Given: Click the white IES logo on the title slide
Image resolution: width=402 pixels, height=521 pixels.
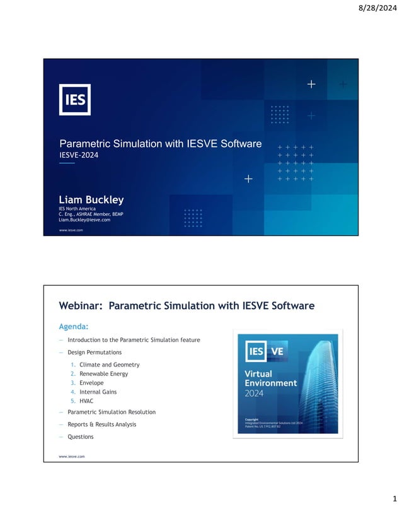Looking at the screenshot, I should (74, 100).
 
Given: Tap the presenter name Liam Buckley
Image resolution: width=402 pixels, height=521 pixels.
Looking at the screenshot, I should (91, 200).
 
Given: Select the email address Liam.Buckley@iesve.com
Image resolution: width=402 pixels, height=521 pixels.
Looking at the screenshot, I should (84, 220).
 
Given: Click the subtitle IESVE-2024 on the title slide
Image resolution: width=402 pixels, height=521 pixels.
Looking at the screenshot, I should (79, 155).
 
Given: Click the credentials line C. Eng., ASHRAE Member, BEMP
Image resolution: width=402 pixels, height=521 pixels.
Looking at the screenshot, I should (91, 214).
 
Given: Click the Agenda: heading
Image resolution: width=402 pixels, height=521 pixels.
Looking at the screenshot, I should (73, 326).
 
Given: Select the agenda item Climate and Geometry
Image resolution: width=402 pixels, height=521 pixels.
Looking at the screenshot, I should (109, 365).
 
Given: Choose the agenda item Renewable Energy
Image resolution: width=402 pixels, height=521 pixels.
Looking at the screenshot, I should (103, 373).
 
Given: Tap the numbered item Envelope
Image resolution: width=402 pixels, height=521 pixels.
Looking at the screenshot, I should (91, 383).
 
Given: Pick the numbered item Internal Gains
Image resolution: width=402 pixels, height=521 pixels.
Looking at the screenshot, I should (98, 392).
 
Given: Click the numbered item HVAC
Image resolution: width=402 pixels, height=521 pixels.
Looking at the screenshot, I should (87, 401).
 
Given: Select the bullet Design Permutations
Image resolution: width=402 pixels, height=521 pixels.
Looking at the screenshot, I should (95, 352).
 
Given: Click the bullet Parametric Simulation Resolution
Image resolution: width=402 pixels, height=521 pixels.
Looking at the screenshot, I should (112, 412).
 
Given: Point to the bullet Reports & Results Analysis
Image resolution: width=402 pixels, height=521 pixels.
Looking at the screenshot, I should (101, 424).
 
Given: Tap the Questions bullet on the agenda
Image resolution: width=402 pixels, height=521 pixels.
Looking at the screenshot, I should (80, 436).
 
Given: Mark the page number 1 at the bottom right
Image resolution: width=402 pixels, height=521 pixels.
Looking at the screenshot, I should (394, 500).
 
